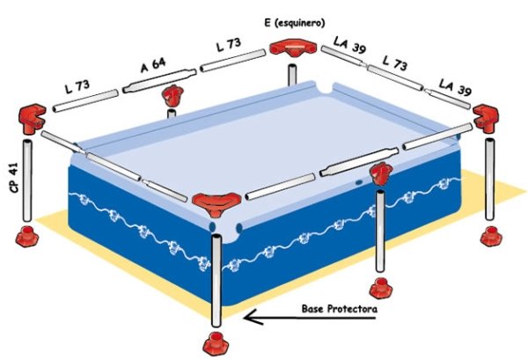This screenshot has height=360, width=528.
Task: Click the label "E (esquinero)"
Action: point(295,23)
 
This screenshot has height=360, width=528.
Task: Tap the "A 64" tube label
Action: point(153,65)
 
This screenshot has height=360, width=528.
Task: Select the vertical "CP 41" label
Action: point(14,179)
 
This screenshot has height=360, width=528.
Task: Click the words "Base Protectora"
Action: point(340,308)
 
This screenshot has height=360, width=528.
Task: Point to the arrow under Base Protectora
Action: point(310,318)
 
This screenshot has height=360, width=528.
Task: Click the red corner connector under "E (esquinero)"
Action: point(293,47)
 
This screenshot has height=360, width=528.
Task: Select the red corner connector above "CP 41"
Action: point(32,119)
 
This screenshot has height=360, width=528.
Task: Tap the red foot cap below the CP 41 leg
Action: point(27,237)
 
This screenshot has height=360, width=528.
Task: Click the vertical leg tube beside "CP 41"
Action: point(27,180)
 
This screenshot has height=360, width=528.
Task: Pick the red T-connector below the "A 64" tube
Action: point(172,95)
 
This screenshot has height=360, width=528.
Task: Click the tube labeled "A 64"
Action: point(159,81)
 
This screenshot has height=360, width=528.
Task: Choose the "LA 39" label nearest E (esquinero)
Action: point(349,45)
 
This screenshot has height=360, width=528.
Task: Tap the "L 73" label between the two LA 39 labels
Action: point(394,63)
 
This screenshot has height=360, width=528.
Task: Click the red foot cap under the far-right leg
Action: point(491,236)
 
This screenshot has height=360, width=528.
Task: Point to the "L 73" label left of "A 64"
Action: point(77,86)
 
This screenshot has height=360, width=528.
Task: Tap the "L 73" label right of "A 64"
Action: point(229,45)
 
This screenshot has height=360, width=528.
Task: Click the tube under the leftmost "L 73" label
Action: point(85,100)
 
